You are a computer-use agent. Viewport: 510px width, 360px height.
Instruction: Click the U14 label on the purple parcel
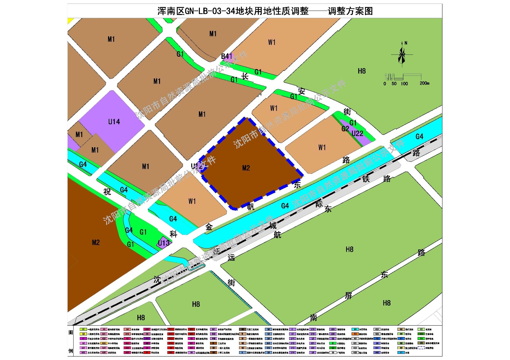[114, 122]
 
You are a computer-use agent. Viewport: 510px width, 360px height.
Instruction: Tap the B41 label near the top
[227, 56]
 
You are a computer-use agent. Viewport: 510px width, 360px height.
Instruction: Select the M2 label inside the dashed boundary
[246, 168]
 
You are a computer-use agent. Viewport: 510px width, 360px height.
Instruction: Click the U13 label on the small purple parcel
[164, 243]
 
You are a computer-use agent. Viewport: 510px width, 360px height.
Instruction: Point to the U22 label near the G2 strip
[357, 133]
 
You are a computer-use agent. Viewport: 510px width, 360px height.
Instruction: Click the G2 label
[345, 129]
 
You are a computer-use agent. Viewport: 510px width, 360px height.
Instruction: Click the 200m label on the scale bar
[424, 83]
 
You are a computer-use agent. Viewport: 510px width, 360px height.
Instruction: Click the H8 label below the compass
[361, 71]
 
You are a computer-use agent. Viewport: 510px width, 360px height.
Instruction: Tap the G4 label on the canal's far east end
[419, 137]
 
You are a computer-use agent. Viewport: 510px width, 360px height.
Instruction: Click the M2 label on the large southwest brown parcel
[96, 242]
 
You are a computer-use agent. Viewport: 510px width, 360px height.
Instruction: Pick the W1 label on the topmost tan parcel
[272, 42]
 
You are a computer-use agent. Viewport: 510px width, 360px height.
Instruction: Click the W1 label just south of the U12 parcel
[192, 201]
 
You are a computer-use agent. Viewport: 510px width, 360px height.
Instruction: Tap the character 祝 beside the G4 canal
[107, 192]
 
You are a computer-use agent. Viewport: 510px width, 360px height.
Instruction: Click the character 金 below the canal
[209, 227]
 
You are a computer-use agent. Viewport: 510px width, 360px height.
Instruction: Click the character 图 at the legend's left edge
[71, 333]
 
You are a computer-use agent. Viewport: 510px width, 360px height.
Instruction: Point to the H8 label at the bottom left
[141, 318]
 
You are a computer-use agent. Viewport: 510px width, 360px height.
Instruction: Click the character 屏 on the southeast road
[348, 296]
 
